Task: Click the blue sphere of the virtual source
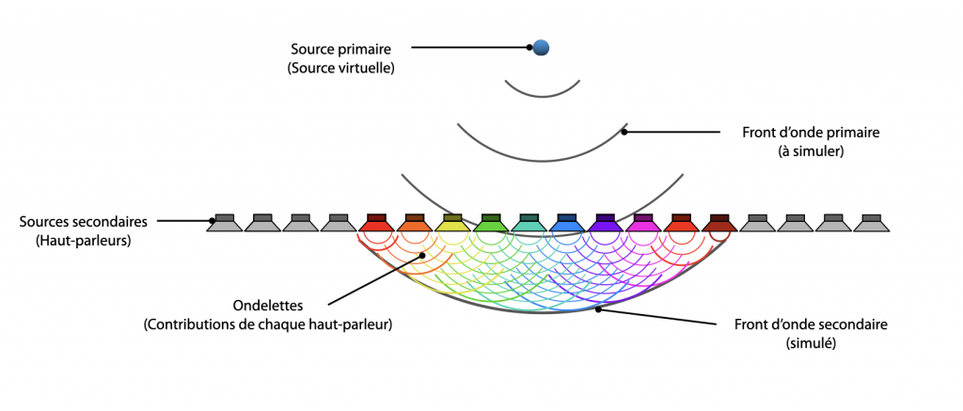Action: pos(541,47)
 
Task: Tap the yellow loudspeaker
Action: pos(452,223)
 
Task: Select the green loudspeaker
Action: pos(490,223)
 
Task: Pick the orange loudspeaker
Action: pos(414,223)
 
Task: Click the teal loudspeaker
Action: pos(529,223)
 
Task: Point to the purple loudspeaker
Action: pos(605,223)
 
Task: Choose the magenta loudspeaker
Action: pos(642,223)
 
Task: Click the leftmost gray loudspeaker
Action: pos(224,223)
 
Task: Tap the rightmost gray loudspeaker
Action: pos(871,223)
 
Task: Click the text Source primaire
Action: pos(340,48)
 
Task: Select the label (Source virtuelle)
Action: pos(340,69)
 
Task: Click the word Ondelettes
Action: pos(267,306)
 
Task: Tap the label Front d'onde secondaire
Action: pos(811,324)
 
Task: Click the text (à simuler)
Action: pos(810,151)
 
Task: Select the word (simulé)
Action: pos(811,344)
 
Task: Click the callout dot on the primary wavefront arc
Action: pos(624,132)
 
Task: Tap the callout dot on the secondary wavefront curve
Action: pos(599,310)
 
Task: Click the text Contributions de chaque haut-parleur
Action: pos(267,325)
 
